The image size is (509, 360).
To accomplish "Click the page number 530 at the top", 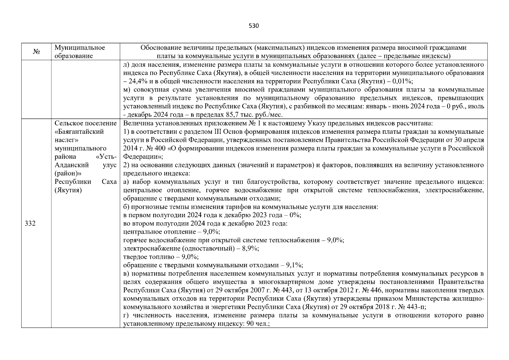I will point(254,26).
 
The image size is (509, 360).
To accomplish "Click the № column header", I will point(36,52).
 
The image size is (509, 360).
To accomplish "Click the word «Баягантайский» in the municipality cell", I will point(79,132).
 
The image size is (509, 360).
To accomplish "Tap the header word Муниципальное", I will point(80,48).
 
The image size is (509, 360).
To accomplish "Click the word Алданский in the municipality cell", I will point(72,165).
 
